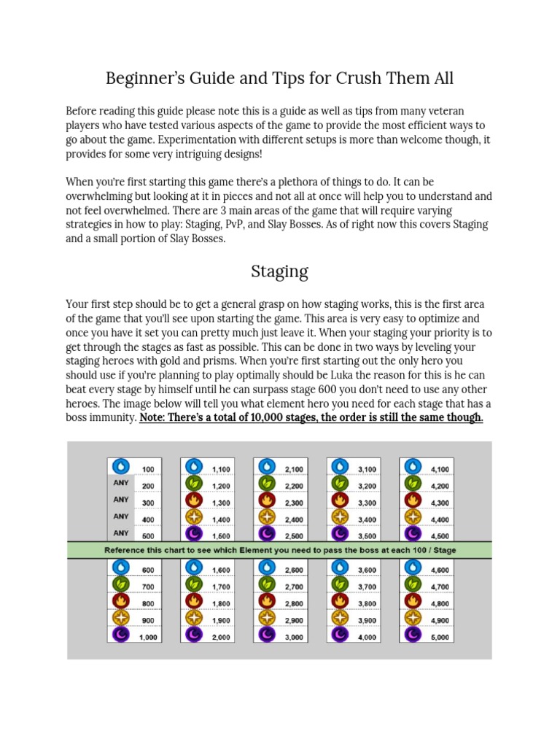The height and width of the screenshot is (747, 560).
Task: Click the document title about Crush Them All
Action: (x=279, y=78)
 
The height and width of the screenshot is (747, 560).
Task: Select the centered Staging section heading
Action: (x=279, y=271)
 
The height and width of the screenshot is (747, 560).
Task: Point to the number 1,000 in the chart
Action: (x=148, y=637)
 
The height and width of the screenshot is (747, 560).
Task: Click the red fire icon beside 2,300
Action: (x=266, y=500)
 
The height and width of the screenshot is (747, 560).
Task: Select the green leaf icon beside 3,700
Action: (x=339, y=584)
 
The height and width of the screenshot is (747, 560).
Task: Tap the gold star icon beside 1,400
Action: (x=193, y=517)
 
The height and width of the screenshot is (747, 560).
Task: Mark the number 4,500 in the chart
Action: (x=440, y=534)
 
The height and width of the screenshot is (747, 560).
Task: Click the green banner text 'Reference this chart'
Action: (x=279, y=550)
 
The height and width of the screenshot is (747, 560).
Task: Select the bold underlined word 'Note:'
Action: (x=155, y=417)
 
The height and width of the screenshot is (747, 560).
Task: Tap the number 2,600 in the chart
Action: (x=295, y=570)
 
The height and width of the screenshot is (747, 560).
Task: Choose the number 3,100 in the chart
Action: (x=367, y=469)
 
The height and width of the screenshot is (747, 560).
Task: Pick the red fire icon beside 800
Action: (x=120, y=602)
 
